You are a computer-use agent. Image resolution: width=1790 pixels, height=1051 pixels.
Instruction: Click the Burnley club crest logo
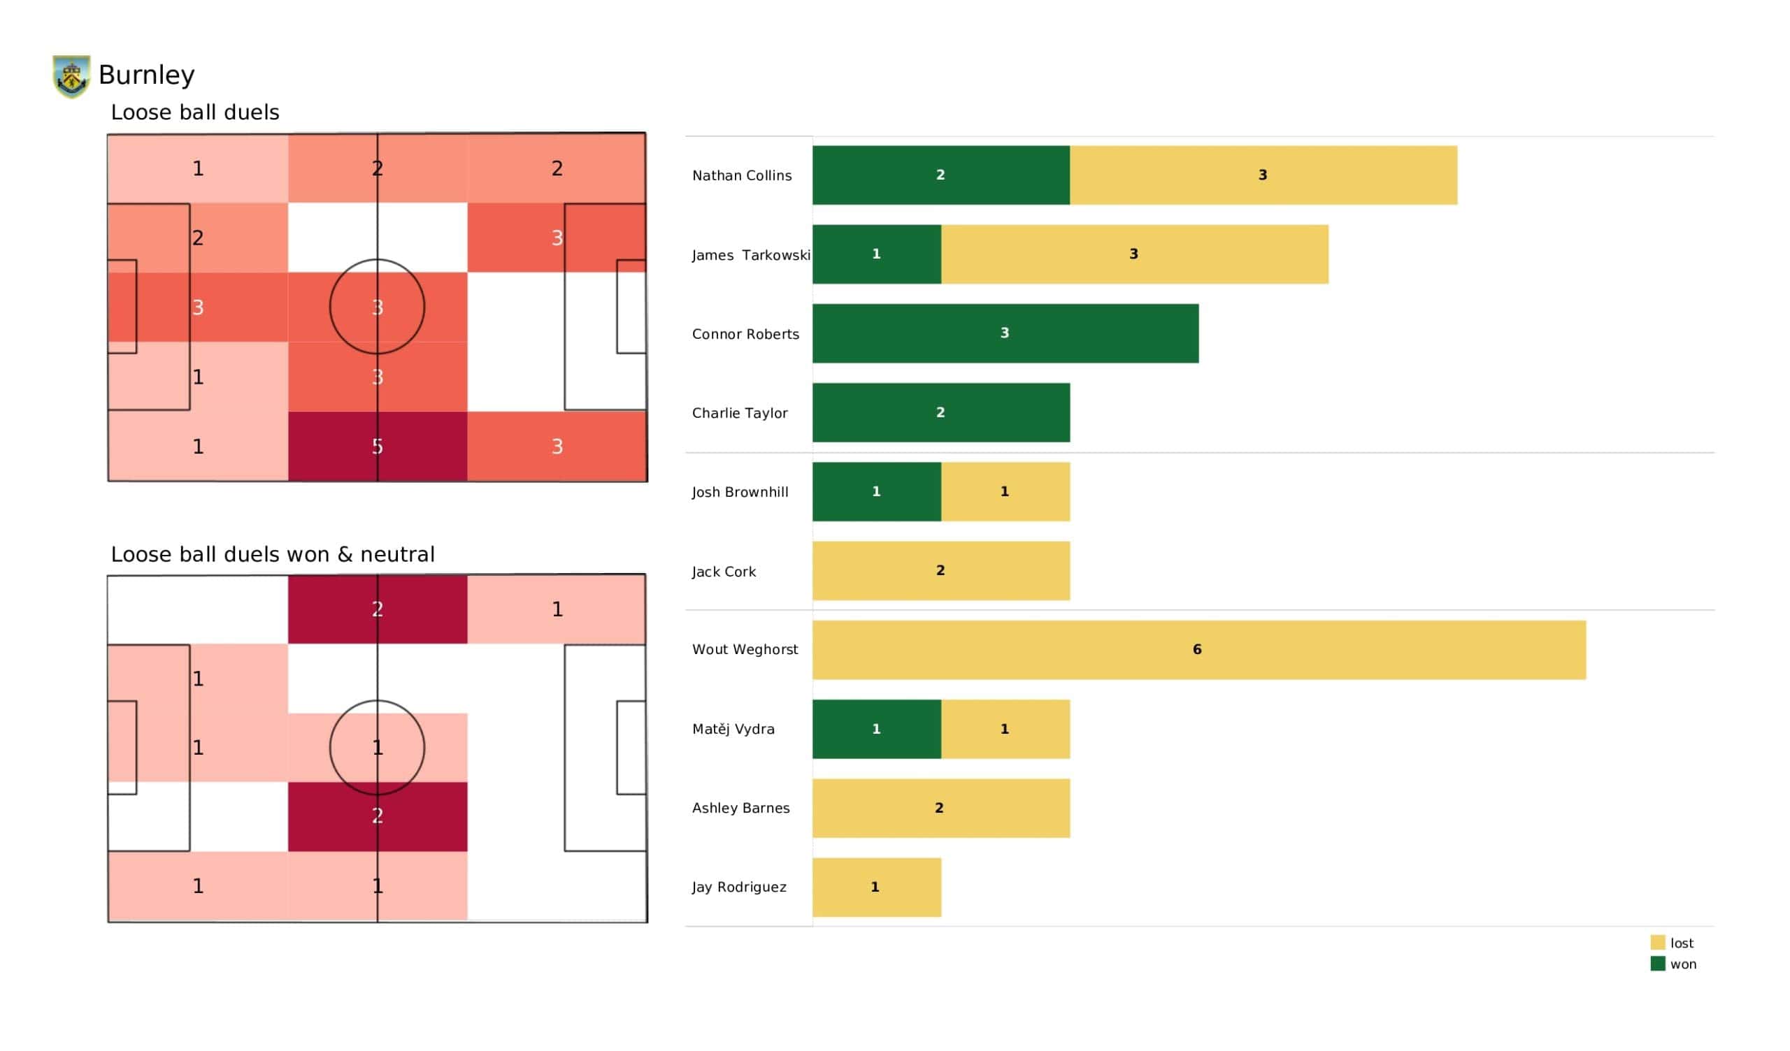click(71, 76)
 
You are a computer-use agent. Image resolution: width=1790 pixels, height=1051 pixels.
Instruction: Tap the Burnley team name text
click(146, 75)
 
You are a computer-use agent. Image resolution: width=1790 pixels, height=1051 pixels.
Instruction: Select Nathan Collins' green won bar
click(940, 175)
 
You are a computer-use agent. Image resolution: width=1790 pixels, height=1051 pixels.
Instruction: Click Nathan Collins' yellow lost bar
click(1263, 175)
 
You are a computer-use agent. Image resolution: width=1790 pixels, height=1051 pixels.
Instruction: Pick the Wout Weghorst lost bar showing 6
click(1198, 650)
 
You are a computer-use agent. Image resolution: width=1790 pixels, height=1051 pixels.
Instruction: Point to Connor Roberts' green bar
click(1005, 334)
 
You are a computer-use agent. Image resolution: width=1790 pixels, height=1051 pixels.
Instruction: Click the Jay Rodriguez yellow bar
click(877, 887)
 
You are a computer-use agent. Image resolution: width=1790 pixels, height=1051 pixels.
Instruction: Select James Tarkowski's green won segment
click(877, 254)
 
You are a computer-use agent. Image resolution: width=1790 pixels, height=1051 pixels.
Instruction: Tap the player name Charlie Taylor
click(740, 413)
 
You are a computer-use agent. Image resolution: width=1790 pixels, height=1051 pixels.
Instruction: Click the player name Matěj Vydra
click(733, 730)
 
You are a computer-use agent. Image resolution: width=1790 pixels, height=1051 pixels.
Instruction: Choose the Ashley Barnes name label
click(740, 808)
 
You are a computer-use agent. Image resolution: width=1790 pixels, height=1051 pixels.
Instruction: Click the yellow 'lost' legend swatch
click(1657, 943)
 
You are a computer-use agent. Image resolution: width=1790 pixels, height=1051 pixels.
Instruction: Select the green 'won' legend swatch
click(1657, 964)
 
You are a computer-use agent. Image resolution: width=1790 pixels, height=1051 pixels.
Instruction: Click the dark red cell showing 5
click(377, 447)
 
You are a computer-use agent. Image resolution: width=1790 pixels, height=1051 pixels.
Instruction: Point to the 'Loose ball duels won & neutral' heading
click(273, 555)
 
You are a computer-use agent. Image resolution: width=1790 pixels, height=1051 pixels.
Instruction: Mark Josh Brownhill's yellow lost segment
click(1005, 492)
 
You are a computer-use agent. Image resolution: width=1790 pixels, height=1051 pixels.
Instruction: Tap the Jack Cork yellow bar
click(940, 571)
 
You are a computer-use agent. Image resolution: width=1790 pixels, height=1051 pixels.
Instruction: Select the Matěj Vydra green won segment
click(877, 730)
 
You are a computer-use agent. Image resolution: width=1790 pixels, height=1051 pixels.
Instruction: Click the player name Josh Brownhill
click(740, 492)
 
